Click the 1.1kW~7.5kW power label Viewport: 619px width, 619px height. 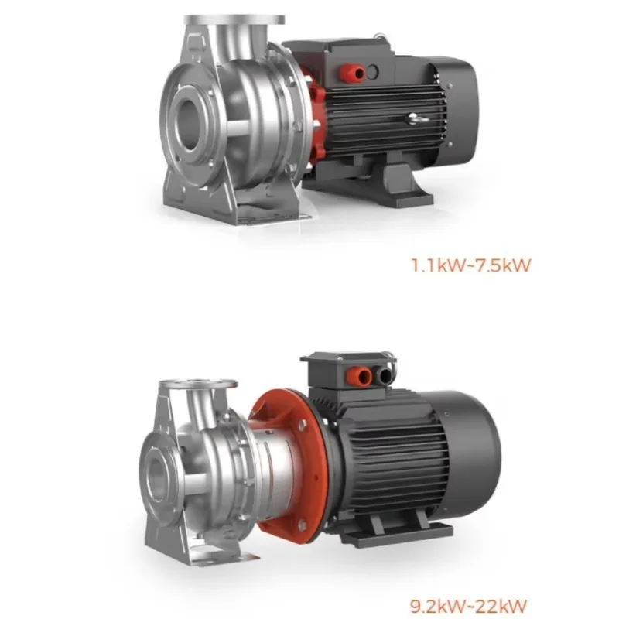[471, 265]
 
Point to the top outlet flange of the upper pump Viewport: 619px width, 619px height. [234, 19]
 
